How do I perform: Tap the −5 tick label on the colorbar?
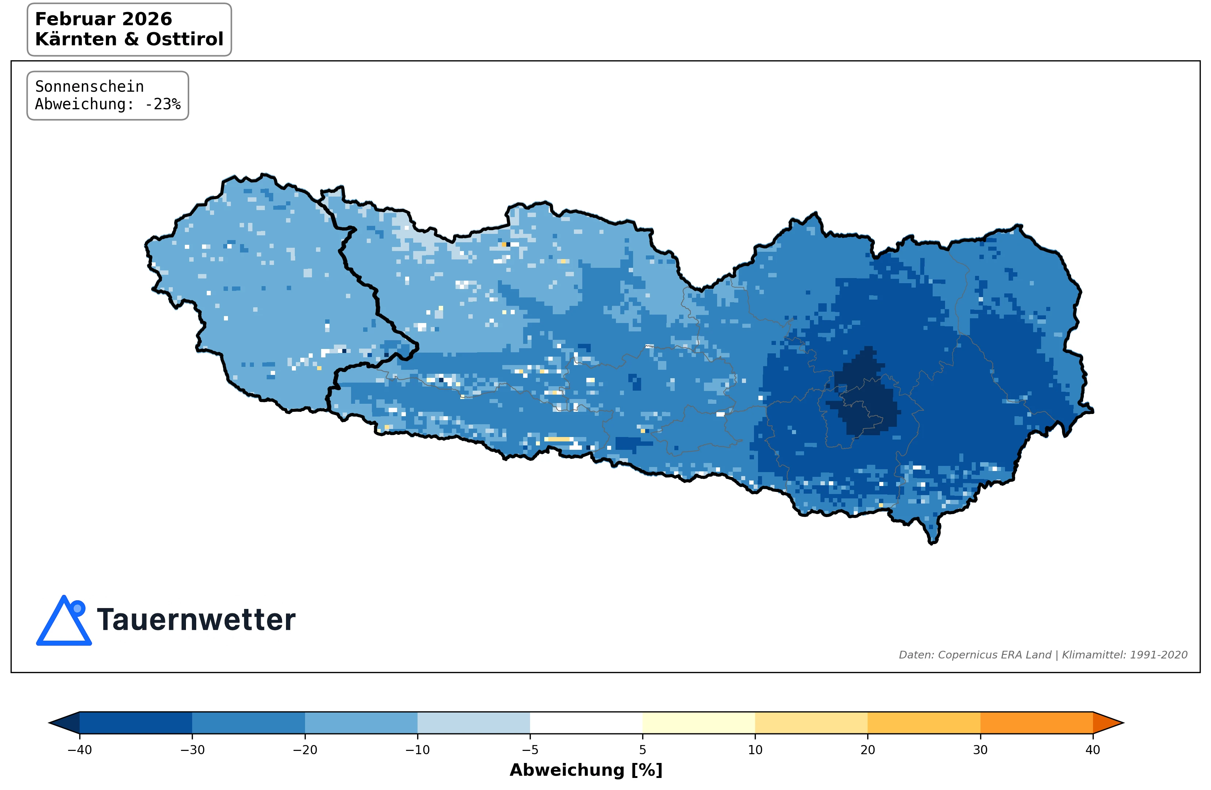530,750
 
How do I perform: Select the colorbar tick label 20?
868,750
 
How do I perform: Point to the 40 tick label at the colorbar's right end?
1092,750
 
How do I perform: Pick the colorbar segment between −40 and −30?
136,722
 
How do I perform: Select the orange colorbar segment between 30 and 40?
1036,722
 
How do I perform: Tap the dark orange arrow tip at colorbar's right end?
1107,722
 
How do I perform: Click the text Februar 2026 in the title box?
103,19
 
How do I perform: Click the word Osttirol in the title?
185,39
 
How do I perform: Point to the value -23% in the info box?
163,105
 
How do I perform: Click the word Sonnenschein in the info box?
89,87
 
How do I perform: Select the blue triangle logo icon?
64,623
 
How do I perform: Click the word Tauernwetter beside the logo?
196,620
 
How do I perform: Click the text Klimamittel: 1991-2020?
1124,655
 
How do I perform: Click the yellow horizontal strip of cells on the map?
558,439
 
